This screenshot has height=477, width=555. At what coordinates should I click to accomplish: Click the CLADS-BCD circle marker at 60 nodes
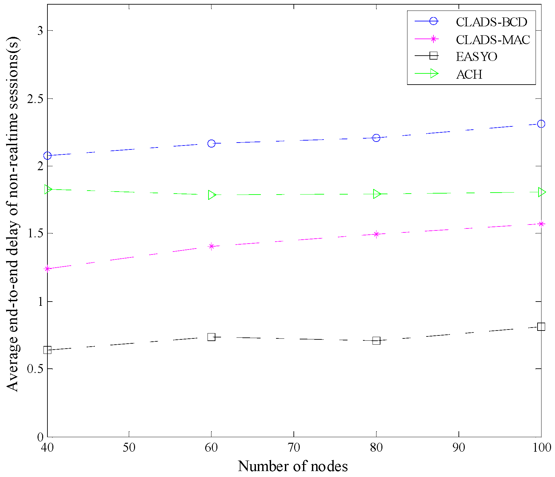point(211,144)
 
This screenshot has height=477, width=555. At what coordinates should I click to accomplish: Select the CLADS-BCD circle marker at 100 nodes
point(541,124)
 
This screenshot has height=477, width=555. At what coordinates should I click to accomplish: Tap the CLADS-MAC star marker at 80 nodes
point(376,234)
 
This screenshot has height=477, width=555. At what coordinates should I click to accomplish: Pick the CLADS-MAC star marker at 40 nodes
point(47,269)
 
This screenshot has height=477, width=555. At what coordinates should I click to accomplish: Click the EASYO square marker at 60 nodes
point(211,337)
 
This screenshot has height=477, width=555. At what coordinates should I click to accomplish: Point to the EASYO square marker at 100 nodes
point(541,327)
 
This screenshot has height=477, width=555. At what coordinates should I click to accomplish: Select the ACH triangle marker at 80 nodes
point(377,194)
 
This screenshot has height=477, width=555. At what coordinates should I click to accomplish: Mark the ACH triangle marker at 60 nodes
point(212,195)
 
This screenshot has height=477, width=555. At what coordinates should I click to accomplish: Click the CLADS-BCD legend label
point(491,22)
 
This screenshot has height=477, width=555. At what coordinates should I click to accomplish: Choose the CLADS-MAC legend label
point(493,40)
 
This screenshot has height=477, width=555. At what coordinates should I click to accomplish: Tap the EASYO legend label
point(476,57)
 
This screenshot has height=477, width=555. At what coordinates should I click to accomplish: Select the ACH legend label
point(469,75)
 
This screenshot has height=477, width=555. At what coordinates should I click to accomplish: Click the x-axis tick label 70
point(293,448)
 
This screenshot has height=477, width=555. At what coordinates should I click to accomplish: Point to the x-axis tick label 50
point(129,448)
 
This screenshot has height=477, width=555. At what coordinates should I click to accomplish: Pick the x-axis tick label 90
point(458,448)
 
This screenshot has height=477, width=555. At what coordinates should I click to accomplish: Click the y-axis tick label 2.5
point(35,99)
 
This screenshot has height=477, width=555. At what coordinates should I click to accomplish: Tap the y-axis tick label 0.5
point(35,369)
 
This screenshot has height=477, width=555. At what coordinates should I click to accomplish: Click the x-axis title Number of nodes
point(293,466)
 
